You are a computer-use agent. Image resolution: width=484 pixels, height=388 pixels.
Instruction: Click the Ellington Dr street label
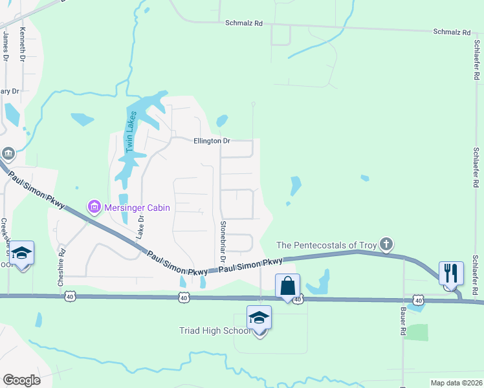coord(211,140)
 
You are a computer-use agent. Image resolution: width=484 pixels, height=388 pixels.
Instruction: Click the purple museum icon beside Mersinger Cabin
coord(94,208)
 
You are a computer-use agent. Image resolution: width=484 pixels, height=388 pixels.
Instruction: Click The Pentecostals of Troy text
coord(326,244)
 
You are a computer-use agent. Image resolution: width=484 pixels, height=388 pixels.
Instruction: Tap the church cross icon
coord(386,244)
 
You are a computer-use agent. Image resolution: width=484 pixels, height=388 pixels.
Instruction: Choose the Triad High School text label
coord(214,330)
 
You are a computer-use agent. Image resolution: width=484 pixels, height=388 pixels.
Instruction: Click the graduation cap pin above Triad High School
coord(259,318)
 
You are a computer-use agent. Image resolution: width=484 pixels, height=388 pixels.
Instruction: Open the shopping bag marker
coord(287,285)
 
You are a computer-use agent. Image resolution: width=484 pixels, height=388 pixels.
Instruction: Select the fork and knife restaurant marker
coord(451,272)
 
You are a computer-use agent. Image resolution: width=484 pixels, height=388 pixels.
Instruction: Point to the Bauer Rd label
coord(402,322)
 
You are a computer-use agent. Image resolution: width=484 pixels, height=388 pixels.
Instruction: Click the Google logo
coord(21,380)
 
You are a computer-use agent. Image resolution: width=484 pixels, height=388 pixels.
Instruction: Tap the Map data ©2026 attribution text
coord(456,383)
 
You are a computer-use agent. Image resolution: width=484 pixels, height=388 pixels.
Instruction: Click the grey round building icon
coord(7,153)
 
